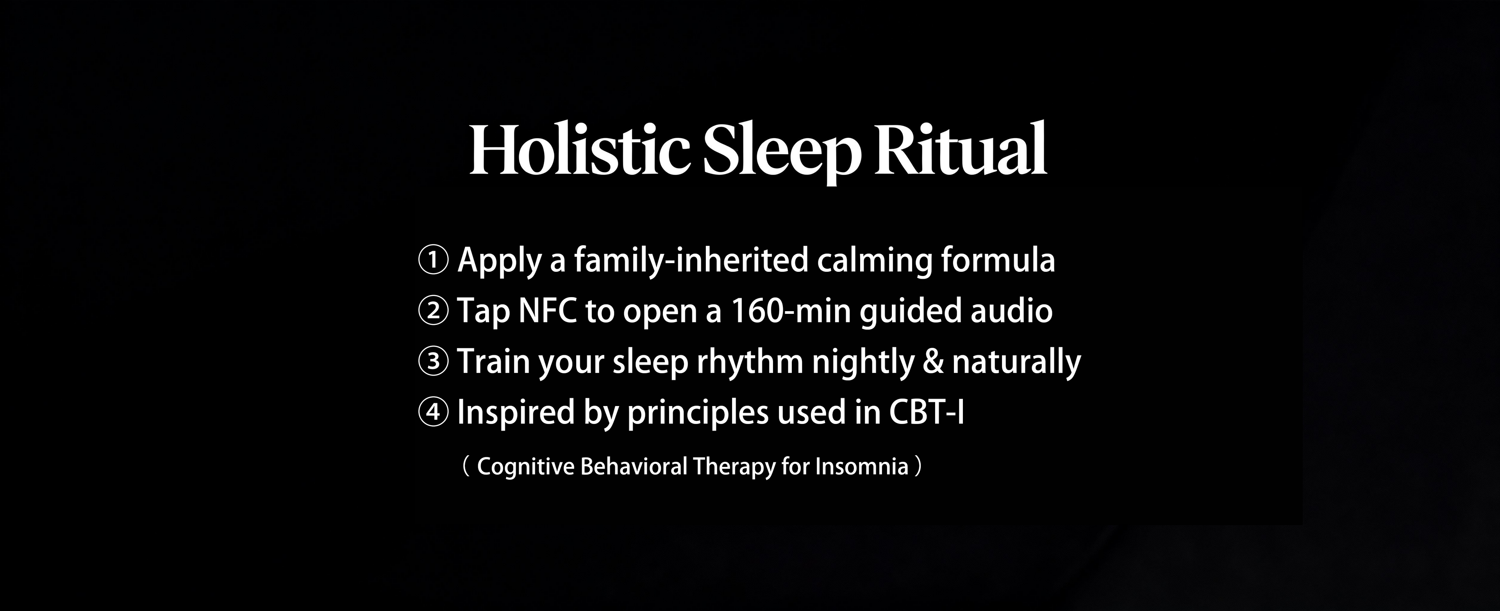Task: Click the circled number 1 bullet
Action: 433,260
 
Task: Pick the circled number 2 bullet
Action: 433,311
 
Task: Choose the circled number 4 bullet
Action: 433,412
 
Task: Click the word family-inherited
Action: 691,260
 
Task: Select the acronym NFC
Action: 547,311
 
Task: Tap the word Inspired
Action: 511,413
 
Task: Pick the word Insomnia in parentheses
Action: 862,467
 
